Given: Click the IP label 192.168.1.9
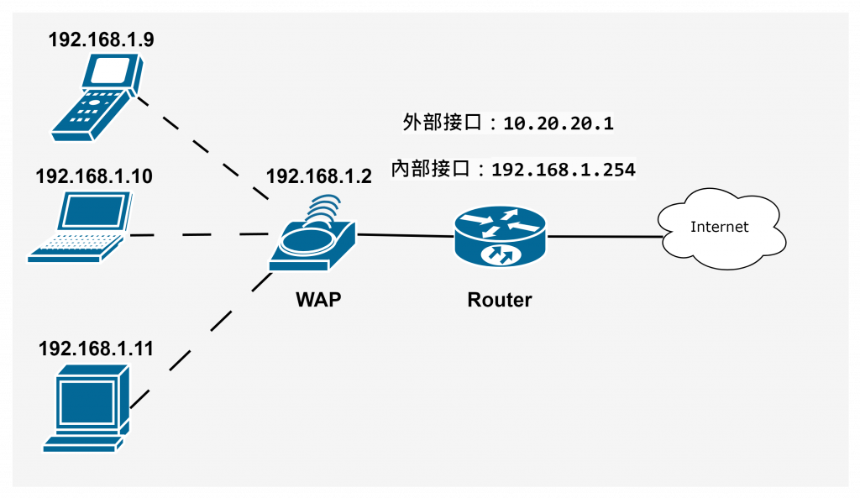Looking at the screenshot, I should point(101,39).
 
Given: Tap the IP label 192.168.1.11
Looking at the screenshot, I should point(96,349).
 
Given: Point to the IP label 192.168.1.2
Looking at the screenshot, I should point(318,176).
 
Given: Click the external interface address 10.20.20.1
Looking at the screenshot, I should point(558,124).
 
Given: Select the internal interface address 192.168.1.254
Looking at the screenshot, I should point(563,170).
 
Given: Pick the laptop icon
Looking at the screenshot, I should point(81,228).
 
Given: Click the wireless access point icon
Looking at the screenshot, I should point(313,239).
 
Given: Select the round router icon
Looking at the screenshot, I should point(499,236).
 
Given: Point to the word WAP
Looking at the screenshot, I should point(318,299).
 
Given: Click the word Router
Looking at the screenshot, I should point(500,299).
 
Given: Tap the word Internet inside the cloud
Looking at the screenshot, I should point(719,227).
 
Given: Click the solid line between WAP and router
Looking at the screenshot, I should point(406,236).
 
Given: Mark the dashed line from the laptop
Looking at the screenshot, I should point(202,235).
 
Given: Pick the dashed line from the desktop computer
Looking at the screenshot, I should point(202,336).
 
